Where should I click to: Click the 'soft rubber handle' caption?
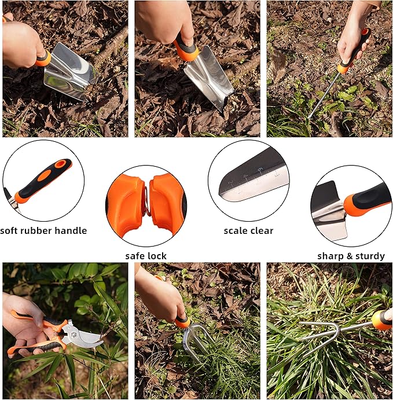pyautogui.click(x=43, y=230)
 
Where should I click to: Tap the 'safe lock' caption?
pyautogui.click(x=146, y=256)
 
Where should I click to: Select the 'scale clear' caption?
pyautogui.click(x=249, y=230)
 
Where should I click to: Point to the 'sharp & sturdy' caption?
pyautogui.click(x=351, y=256)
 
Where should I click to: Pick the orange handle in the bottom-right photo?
pyautogui.click(x=381, y=319)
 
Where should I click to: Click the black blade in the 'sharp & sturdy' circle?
pyautogui.click(x=324, y=200)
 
